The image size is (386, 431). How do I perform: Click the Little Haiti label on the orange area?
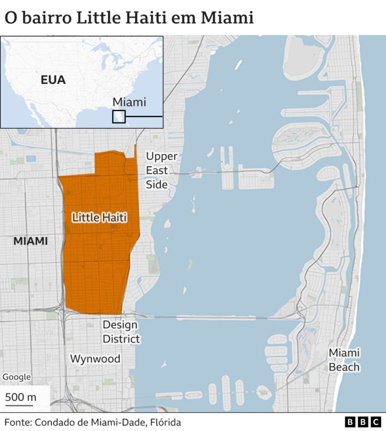point(100,217)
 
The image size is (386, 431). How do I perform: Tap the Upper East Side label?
point(161,170)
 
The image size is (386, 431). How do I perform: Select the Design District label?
point(121,332)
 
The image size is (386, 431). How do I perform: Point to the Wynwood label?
point(95,359)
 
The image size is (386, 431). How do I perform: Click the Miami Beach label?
point(344,360)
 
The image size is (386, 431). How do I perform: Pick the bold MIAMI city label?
point(30,241)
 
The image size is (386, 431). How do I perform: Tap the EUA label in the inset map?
point(53,80)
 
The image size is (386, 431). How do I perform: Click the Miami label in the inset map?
point(129,102)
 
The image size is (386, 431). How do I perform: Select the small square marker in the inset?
point(119,117)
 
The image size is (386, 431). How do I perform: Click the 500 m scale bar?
point(21,398)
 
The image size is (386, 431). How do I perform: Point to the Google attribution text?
point(16,377)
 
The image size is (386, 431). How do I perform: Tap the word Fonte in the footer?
point(18,423)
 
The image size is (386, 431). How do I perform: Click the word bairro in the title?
point(49,18)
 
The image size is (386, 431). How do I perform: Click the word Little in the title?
point(98,18)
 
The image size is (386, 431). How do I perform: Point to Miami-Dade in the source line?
point(121,423)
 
